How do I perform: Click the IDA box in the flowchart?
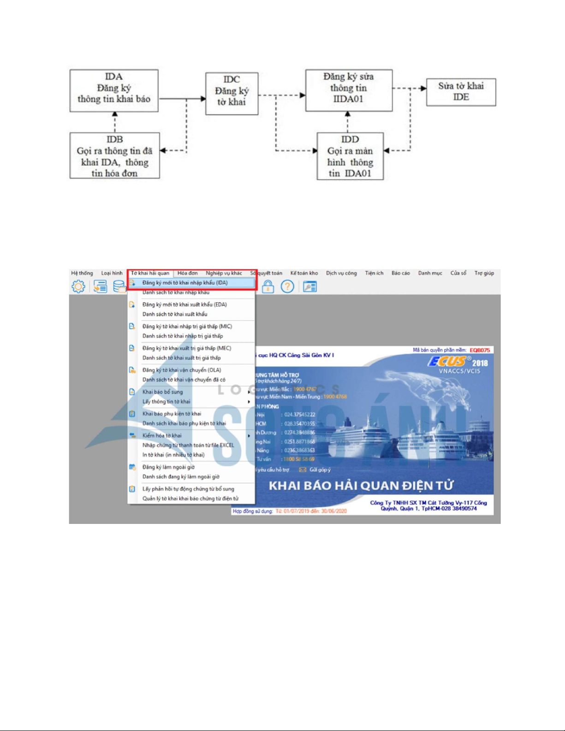tap(114, 90)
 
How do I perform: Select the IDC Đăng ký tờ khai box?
tap(232, 93)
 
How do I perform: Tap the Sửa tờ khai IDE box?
tap(461, 92)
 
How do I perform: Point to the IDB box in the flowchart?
tap(114, 155)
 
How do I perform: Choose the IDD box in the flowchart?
tap(350, 156)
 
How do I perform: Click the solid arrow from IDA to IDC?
tap(182, 98)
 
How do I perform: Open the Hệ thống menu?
tap(82, 273)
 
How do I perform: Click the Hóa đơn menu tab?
tap(187, 273)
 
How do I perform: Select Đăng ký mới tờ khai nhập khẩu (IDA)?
tap(184, 283)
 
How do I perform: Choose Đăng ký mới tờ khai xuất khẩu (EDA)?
tap(184, 304)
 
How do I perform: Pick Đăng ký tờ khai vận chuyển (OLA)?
tap(182, 370)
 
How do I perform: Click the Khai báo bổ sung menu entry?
tap(162, 392)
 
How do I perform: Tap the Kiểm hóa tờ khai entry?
tap(162, 435)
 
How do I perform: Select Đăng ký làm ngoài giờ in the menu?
tap(168, 467)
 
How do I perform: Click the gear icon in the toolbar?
tap(78, 286)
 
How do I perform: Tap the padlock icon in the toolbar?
tap(268, 287)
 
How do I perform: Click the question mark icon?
tap(287, 287)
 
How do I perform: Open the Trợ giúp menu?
tap(484, 273)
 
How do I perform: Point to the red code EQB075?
tap(480, 350)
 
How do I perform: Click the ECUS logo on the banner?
tap(446, 362)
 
